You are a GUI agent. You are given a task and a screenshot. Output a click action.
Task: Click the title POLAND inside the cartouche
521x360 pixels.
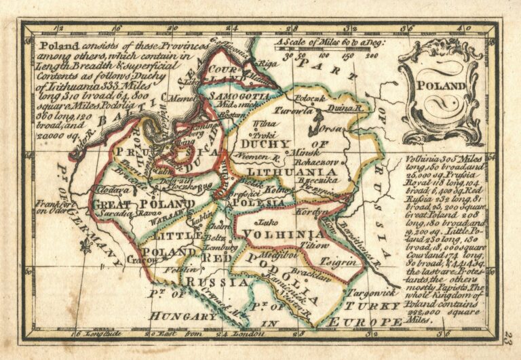(446, 86)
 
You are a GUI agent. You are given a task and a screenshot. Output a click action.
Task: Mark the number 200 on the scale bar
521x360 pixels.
(371, 56)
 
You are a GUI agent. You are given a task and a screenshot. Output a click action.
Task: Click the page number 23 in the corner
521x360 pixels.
(508, 336)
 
